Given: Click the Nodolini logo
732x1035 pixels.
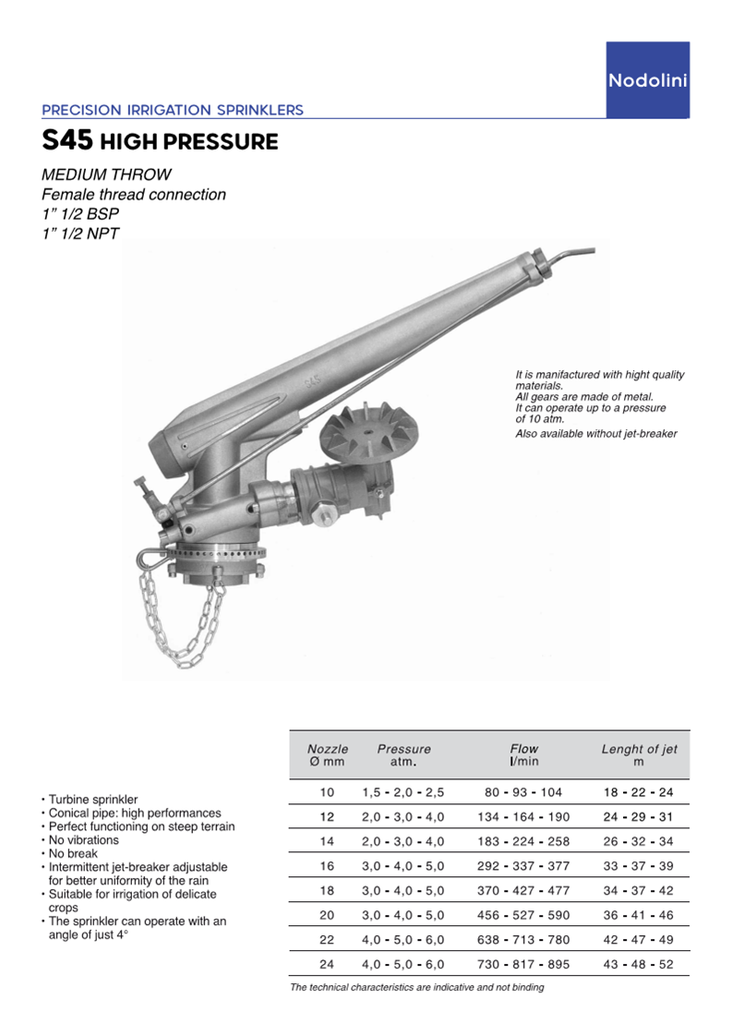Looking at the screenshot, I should tap(647, 81).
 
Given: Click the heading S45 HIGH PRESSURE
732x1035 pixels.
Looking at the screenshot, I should tap(160, 142).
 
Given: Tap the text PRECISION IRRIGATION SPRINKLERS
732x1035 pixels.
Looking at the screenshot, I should tap(173, 110).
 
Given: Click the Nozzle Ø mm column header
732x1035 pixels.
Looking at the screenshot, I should tap(328, 755).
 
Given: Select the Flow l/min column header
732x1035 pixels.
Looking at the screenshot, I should tap(523, 755).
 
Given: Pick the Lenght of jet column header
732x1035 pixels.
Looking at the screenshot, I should tap(639, 755).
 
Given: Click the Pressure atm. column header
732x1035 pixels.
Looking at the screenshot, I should tap(403, 755).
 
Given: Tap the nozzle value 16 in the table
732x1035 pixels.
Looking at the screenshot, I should tap(328, 866).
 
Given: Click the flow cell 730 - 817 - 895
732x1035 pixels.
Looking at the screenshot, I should tap(523, 964).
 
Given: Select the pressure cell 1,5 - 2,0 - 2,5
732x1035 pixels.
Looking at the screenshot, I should tap(403, 792).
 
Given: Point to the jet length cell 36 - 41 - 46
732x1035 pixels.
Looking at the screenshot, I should tap(639, 915).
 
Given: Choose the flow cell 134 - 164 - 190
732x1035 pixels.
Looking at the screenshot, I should tap(523, 817).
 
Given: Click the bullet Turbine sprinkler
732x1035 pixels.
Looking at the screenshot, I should tap(93, 799).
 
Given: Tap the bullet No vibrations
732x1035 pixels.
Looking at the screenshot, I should tap(84, 840).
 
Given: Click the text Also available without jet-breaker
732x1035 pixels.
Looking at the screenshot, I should tap(595, 434).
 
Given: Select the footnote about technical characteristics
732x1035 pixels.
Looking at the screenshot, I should tap(417, 987).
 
